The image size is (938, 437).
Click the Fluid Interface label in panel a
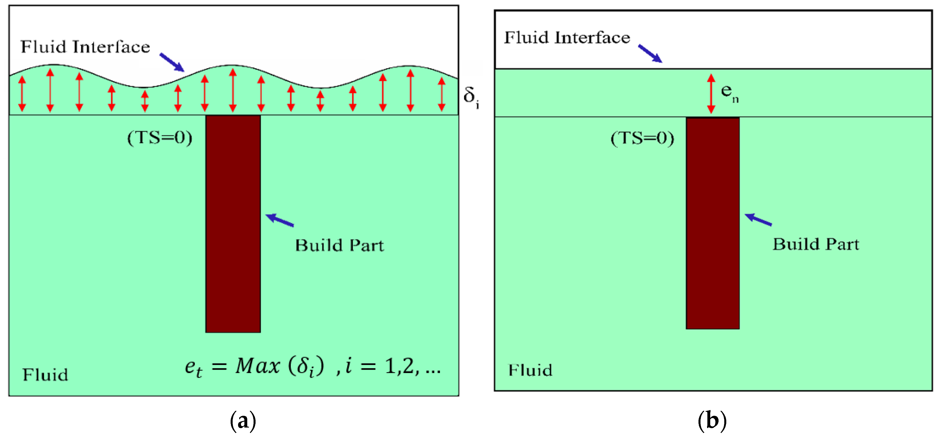click(85, 47)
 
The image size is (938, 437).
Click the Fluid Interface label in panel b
click(567, 38)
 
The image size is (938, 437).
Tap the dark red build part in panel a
click(233, 224)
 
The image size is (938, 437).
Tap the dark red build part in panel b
click(712, 223)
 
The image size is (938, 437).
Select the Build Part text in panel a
click(340, 246)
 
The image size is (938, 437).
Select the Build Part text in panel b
click(816, 244)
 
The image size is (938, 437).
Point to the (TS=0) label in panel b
click(642, 138)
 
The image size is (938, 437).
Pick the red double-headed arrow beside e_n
click(711, 94)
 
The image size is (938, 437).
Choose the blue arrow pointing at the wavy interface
click(172, 62)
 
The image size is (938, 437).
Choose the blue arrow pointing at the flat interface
click(650, 54)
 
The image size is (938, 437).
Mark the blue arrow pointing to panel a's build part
click(280, 220)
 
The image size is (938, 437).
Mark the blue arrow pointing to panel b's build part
click(758, 220)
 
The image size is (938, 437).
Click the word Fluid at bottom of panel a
click(45, 375)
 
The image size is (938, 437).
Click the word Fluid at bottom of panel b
click(530, 370)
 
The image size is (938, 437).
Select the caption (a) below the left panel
click(243, 421)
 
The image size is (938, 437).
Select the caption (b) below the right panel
click(712, 421)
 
